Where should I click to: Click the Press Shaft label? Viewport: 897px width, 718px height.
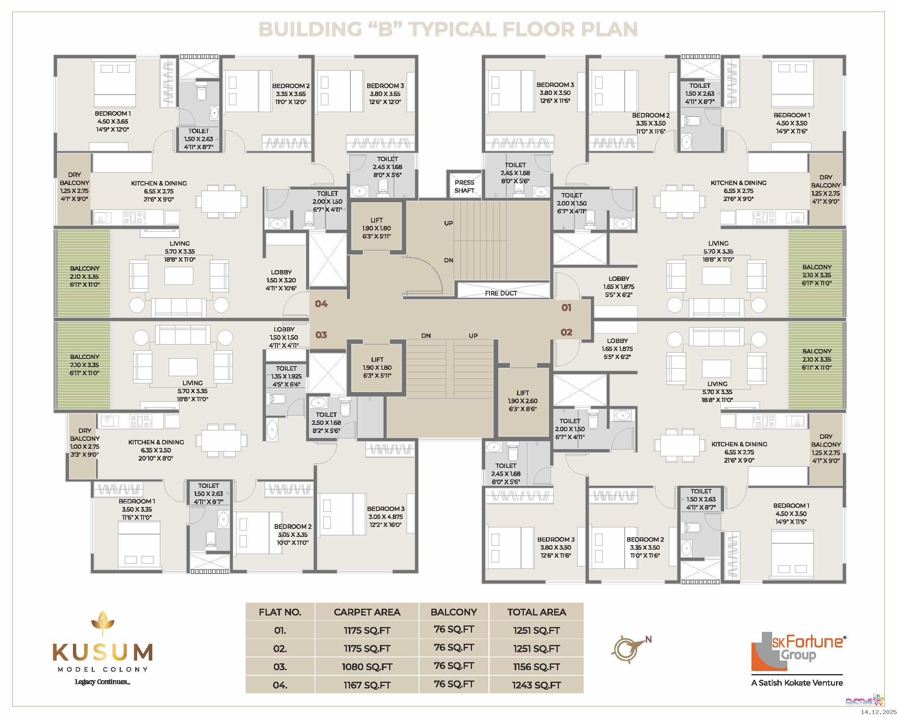464,186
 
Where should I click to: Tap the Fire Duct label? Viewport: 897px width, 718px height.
500,294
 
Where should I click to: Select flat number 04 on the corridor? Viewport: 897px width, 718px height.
321,304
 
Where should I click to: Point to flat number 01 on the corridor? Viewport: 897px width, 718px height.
566,308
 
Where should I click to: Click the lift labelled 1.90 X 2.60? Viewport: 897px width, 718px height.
523,401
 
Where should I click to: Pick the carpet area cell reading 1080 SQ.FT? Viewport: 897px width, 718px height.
367,667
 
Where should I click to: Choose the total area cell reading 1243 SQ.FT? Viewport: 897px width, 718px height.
536,685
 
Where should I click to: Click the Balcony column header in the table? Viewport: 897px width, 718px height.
454,612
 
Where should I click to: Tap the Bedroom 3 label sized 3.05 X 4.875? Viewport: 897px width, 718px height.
386,517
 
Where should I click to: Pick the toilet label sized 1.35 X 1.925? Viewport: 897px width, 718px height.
286,376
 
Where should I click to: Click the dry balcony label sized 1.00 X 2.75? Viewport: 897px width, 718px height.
85,442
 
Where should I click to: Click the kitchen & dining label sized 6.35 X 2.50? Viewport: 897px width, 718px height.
156,450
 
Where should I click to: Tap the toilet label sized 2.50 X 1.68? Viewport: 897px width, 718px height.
326,422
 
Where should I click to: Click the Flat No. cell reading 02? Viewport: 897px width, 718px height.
280,649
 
